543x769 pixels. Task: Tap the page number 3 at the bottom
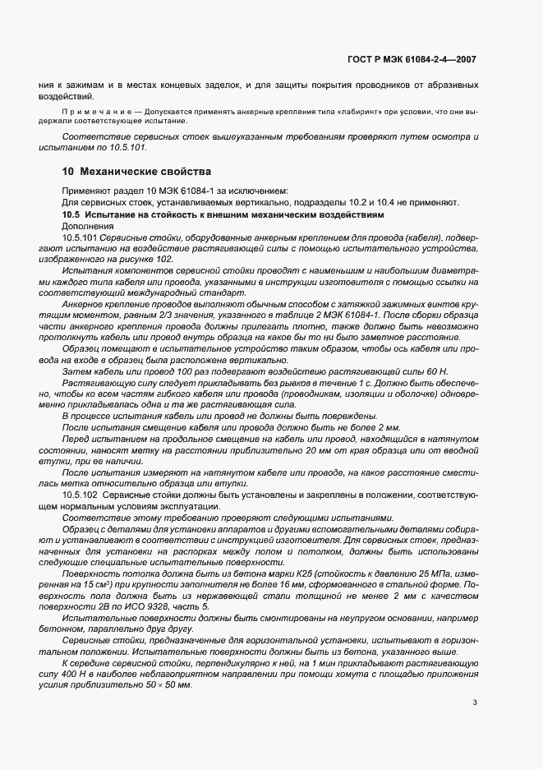476,702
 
